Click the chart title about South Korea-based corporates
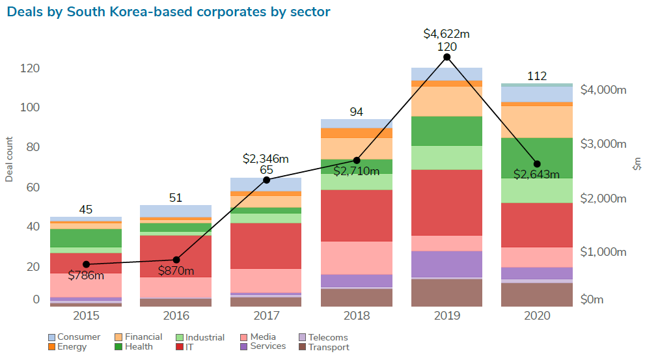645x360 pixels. pos(169,12)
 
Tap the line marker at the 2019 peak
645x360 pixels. pos(446,57)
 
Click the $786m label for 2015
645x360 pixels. pos(86,275)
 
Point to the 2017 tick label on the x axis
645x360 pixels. pos(266,316)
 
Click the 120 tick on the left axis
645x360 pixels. pos(30,68)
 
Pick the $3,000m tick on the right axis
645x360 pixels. pos(603,144)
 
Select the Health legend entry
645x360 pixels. pos(134,347)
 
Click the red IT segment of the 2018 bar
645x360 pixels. pos(357,215)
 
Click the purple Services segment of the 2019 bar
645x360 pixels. pos(446,264)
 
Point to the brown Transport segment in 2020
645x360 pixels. pos(537,294)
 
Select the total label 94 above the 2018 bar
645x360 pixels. pos(357,112)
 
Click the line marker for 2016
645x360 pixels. pos(176,260)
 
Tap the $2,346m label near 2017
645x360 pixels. pos(266,158)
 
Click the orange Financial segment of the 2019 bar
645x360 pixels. pos(446,101)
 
